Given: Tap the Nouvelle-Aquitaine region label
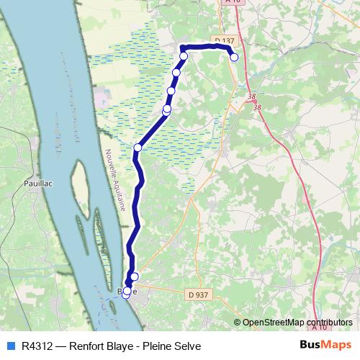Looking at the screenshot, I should (x=115, y=180).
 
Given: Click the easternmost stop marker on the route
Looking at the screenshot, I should (x=234, y=57).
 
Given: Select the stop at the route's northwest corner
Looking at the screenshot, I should (x=184, y=56).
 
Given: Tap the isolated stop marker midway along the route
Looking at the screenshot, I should (x=138, y=147).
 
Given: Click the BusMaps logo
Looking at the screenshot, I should (x=325, y=346).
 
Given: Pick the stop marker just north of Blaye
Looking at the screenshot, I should (x=135, y=276).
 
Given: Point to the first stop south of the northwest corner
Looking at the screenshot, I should (x=176, y=73).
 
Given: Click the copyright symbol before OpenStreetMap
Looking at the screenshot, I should (x=238, y=323).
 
